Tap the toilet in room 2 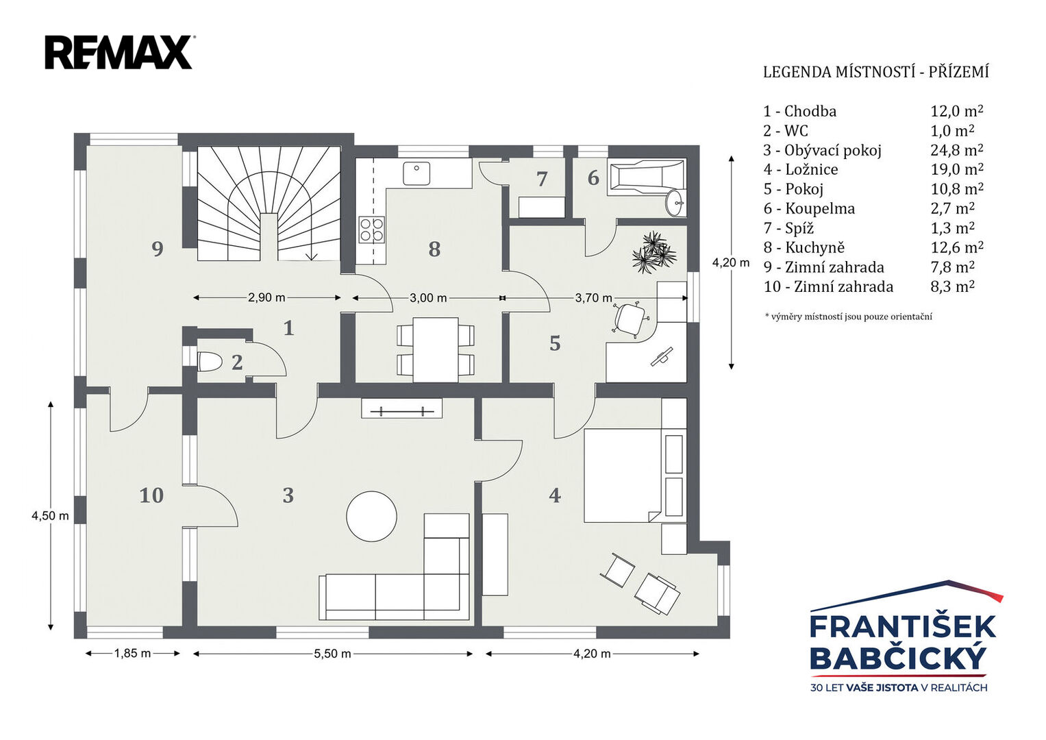pyautogui.click(x=208, y=362)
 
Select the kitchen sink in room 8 pyautogui.click(x=416, y=173)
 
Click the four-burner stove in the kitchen pyautogui.click(x=372, y=230)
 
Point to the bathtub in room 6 pyautogui.click(x=646, y=177)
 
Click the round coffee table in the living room pyautogui.click(x=372, y=516)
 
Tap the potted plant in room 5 pyautogui.click(x=653, y=253)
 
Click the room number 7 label pyautogui.click(x=542, y=179)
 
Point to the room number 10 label pyautogui.click(x=152, y=495)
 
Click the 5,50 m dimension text pyautogui.click(x=332, y=654)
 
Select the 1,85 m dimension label pyautogui.click(x=133, y=653)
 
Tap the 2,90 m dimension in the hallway pyautogui.click(x=266, y=297)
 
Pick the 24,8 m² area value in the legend pyautogui.click(x=957, y=150)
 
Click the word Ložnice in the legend pyautogui.click(x=811, y=169)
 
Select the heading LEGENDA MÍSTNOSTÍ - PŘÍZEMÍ pyautogui.click(x=876, y=72)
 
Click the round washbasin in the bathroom pyautogui.click(x=675, y=203)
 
